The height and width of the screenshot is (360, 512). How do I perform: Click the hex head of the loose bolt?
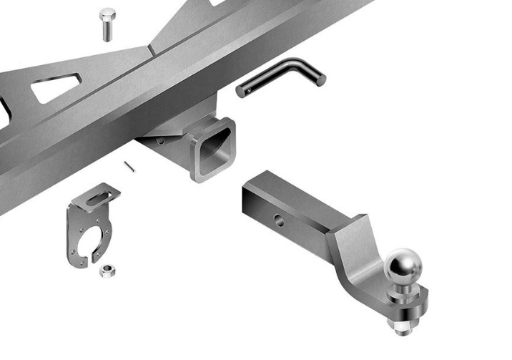tap(107, 14)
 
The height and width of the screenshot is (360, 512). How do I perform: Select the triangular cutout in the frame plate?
tap(54, 89)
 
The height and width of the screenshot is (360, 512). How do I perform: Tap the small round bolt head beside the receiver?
tap(162, 141)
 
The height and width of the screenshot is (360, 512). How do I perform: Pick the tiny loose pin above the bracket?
tap(129, 167)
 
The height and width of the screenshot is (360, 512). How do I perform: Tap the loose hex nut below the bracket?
tap(108, 270)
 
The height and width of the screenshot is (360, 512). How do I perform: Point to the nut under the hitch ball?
tap(400, 326)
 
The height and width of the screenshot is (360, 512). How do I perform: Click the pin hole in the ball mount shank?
tap(279, 221)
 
